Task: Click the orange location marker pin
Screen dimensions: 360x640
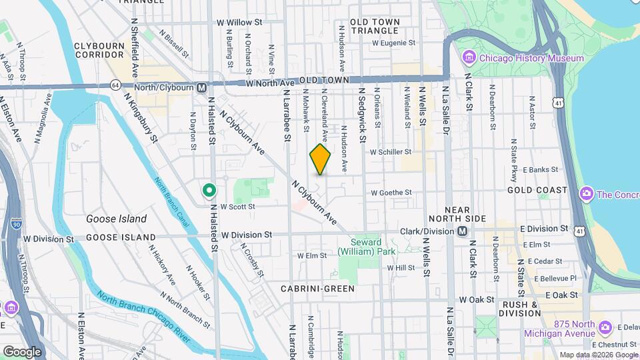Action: [320, 159]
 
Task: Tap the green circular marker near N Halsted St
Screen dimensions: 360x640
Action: [209, 191]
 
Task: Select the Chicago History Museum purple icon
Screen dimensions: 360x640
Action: [469, 58]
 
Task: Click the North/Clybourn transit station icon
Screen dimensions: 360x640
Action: [201, 87]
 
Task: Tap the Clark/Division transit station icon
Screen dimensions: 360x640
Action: [461, 231]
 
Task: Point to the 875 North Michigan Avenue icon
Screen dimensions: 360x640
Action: [605, 328]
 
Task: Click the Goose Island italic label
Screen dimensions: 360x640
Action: [116, 219]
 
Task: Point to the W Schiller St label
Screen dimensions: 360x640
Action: [391, 152]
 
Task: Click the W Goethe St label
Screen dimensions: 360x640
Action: [391, 193]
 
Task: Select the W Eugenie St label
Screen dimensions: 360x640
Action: [393, 43]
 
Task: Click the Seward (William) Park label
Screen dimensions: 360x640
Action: [366, 247]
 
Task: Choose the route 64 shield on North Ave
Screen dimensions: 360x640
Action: [116, 85]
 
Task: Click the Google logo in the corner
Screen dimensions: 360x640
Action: [21, 351]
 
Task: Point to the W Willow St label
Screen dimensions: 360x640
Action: [239, 22]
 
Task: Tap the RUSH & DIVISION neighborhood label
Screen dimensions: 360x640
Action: [519, 309]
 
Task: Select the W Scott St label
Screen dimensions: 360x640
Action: [237, 207]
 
